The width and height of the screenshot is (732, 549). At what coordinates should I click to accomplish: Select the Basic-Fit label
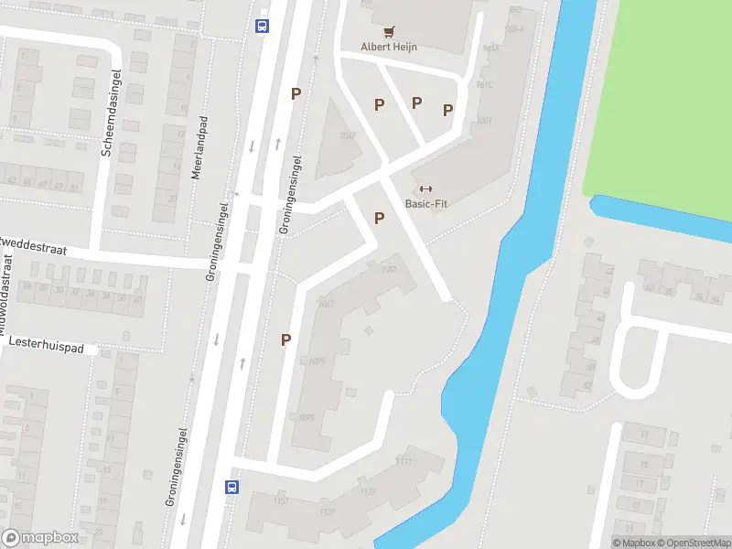[425, 203]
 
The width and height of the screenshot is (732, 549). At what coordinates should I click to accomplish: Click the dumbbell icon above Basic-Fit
[425, 188]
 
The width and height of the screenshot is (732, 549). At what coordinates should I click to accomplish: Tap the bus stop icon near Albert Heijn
[263, 26]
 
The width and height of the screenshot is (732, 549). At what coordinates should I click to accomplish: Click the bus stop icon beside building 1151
[232, 487]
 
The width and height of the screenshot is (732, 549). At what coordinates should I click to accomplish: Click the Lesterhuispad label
[46, 349]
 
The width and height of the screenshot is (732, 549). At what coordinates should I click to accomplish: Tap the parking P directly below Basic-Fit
[379, 218]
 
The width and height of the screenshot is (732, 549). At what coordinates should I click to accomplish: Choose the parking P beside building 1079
[285, 339]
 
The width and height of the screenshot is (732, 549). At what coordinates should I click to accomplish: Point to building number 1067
[326, 304]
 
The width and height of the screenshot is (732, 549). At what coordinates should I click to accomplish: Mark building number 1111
[404, 460]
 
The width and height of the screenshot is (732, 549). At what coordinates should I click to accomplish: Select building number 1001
[484, 120]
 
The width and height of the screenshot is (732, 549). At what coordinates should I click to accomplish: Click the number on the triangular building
[347, 135]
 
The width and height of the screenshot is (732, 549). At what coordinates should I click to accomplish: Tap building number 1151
[282, 501]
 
